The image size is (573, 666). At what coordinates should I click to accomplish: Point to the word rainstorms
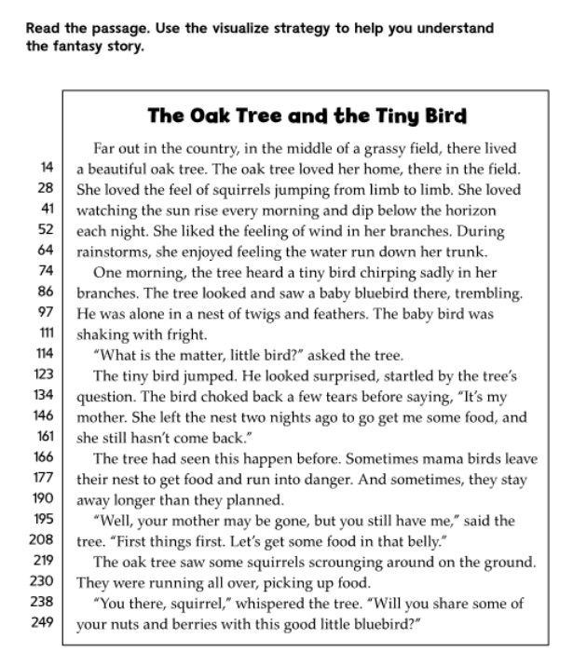pyautogui.click(x=111, y=251)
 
